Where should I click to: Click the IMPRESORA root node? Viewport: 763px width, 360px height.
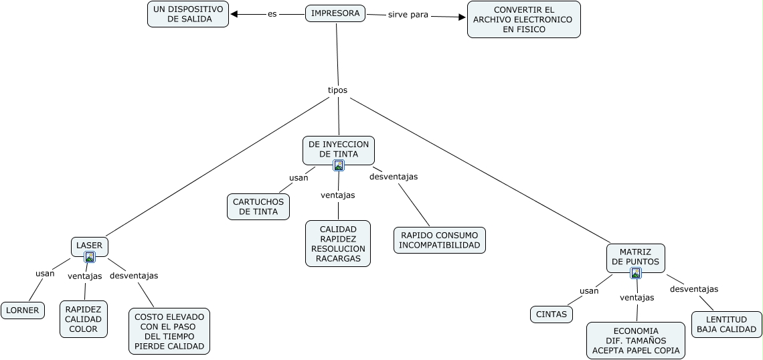[335, 13]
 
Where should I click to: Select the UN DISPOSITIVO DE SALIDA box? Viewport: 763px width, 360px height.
[188, 14]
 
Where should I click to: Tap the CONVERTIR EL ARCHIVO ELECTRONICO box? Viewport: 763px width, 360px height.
[523, 19]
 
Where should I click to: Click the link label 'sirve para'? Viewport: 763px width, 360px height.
[408, 14]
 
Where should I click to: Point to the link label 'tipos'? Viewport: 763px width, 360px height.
[337, 90]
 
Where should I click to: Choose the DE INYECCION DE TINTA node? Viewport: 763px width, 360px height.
[339, 149]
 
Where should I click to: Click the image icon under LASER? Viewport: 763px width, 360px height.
[90, 257]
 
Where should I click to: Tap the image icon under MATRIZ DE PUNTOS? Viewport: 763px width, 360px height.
[636, 273]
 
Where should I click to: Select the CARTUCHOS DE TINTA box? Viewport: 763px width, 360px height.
[258, 207]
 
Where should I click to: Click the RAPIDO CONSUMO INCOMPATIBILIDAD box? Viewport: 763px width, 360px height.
[440, 240]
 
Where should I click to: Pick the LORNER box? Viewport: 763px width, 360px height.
[23, 310]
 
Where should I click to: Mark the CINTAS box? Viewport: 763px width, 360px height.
[552, 314]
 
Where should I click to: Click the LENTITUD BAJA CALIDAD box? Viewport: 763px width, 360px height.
[726, 325]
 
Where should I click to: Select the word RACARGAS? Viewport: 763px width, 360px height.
[338, 258]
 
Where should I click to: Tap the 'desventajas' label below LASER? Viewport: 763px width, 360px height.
[134, 275]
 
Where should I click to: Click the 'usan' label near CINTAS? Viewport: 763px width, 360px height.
[589, 290]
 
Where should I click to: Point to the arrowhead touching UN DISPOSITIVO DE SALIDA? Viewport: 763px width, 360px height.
[234, 14]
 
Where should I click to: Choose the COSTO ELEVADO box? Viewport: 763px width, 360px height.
[169, 331]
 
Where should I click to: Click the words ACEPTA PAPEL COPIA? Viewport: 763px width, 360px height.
[636, 351]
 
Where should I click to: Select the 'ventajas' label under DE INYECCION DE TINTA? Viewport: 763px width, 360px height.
[338, 195]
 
